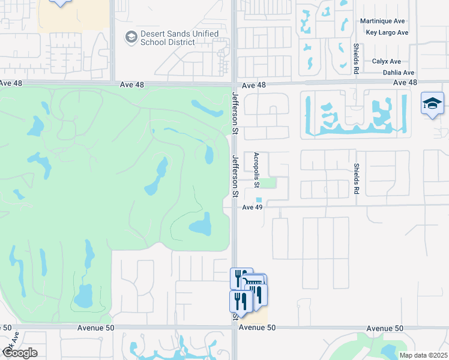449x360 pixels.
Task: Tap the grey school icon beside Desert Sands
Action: click(130, 38)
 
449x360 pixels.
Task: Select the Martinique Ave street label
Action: click(384, 21)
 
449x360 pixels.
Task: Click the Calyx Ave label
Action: click(386, 61)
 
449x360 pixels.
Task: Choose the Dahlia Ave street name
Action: click(399, 73)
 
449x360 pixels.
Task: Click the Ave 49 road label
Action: click(253, 208)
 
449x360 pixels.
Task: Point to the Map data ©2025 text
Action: click(423, 355)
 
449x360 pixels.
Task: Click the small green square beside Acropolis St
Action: click(271, 183)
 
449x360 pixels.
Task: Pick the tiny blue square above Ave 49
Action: click(259, 200)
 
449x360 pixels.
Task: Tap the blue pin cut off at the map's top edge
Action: click(59, 2)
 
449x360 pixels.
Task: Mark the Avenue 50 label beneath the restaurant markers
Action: click(256, 328)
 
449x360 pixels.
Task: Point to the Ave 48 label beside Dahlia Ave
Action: click(405, 82)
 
